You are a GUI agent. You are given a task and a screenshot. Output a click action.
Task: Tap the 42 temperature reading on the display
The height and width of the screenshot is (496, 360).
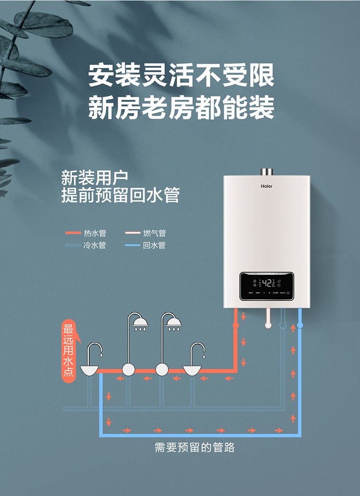[266, 283]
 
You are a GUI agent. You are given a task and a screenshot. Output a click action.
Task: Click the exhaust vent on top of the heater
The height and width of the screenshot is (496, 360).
[266, 172]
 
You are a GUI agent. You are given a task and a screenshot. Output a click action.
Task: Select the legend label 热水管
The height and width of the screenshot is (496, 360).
[95, 233]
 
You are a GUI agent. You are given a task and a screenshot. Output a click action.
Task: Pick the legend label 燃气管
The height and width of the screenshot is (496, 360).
[154, 233]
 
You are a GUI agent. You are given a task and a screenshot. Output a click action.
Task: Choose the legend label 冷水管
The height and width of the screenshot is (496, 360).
[95, 245]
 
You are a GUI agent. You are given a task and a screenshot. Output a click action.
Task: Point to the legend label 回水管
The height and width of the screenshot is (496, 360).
[154, 245]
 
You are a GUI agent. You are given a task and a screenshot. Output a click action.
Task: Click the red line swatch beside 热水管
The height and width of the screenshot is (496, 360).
[73, 233]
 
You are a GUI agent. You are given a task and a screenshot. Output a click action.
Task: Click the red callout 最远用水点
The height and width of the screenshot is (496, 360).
[69, 350]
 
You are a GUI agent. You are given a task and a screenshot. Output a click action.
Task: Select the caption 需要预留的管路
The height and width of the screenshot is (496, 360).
[194, 448]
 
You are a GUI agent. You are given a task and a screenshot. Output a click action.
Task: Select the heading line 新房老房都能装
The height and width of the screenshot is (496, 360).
[181, 108]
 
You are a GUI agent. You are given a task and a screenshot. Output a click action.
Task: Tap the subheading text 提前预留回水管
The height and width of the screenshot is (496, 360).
[120, 196]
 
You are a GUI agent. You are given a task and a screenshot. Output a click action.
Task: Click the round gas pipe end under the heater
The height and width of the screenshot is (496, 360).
[268, 325]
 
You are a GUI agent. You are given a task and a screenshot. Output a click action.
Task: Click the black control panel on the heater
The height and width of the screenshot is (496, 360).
[266, 286]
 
